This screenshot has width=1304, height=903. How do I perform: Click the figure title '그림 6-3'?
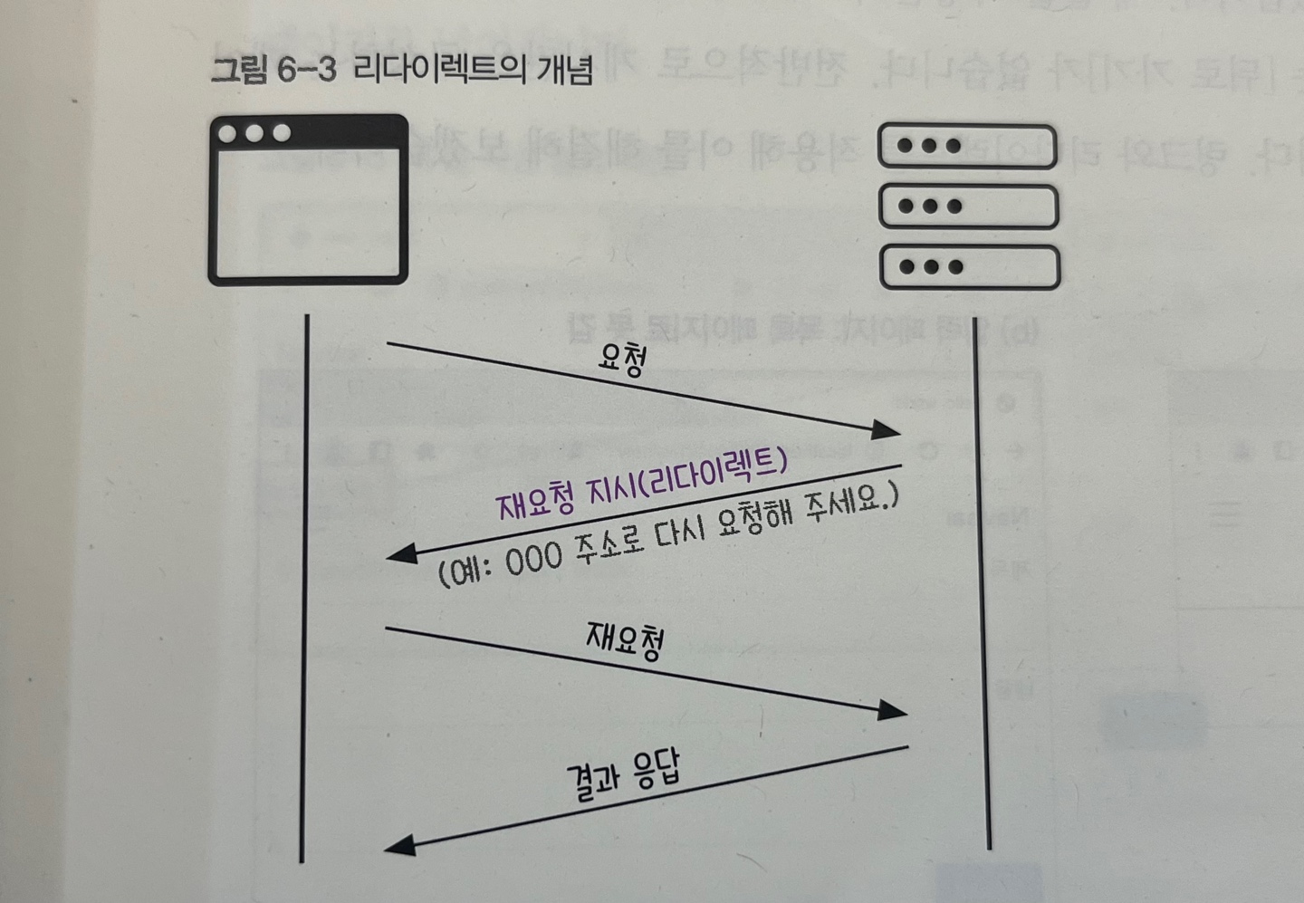point(267,71)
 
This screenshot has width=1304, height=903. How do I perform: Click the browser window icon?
point(308,199)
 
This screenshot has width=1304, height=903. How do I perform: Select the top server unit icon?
point(968,147)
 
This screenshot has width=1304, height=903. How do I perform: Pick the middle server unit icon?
point(968,207)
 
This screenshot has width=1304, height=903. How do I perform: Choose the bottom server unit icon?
point(968,267)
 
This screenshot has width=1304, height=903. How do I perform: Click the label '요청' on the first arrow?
point(622,364)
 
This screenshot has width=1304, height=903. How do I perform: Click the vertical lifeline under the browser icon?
point(305,589)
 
